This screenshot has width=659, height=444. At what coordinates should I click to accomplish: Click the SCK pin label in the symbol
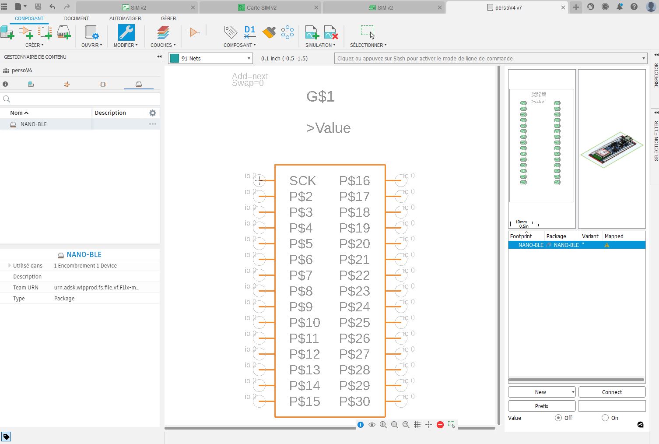tap(302, 180)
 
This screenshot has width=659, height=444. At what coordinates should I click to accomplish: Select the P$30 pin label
tap(354, 401)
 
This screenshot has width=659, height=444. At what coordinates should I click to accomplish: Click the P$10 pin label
tap(305, 322)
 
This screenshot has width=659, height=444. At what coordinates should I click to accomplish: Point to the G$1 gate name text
tap(320, 96)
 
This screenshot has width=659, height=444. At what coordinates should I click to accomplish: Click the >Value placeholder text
tap(328, 128)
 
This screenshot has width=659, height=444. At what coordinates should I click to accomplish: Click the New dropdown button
tap(541, 392)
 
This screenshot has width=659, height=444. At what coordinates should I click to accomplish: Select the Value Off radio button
tap(558, 418)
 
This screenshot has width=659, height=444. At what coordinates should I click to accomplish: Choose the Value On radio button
tap(605, 418)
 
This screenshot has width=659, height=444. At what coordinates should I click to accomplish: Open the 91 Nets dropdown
tap(211, 58)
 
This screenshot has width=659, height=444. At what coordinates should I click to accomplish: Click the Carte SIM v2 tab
tap(261, 7)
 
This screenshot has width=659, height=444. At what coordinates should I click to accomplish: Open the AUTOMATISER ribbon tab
tap(125, 18)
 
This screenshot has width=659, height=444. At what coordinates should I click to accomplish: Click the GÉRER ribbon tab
tap(168, 18)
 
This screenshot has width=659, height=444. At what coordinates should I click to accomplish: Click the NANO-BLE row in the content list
tap(34, 124)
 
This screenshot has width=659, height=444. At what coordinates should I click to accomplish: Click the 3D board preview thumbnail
tap(611, 149)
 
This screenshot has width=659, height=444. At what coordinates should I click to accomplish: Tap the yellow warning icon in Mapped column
tap(606, 245)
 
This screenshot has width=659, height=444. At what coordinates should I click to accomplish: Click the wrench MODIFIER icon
tap(126, 32)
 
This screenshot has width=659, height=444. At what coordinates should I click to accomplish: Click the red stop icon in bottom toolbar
tap(440, 424)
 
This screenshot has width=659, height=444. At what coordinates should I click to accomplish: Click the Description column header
tap(110, 113)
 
